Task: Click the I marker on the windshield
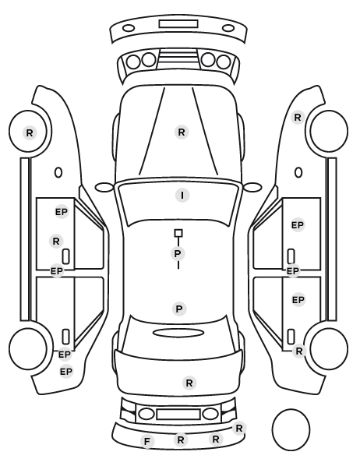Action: (x=182, y=196)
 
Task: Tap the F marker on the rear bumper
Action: (x=147, y=442)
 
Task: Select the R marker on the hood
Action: (x=182, y=132)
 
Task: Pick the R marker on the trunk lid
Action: (x=189, y=383)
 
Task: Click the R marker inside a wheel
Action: (x=30, y=132)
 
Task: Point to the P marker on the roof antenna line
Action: (x=178, y=254)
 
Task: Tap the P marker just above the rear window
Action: (x=179, y=309)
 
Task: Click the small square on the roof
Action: (x=178, y=233)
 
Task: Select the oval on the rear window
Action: (x=178, y=333)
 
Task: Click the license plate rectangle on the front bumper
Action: (x=178, y=24)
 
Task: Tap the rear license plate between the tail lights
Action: (x=178, y=414)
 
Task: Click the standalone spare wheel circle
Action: (x=291, y=429)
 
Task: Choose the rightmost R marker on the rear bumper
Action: (x=239, y=429)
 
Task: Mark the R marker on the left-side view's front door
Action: (x=56, y=241)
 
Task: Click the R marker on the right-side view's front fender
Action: (x=298, y=118)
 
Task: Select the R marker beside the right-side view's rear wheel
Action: (x=299, y=351)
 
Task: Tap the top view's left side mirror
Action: (x=104, y=188)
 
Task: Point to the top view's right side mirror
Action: (x=252, y=187)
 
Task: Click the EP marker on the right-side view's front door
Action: (x=298, y=225)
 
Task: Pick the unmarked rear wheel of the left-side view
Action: (x=28, y=348)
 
